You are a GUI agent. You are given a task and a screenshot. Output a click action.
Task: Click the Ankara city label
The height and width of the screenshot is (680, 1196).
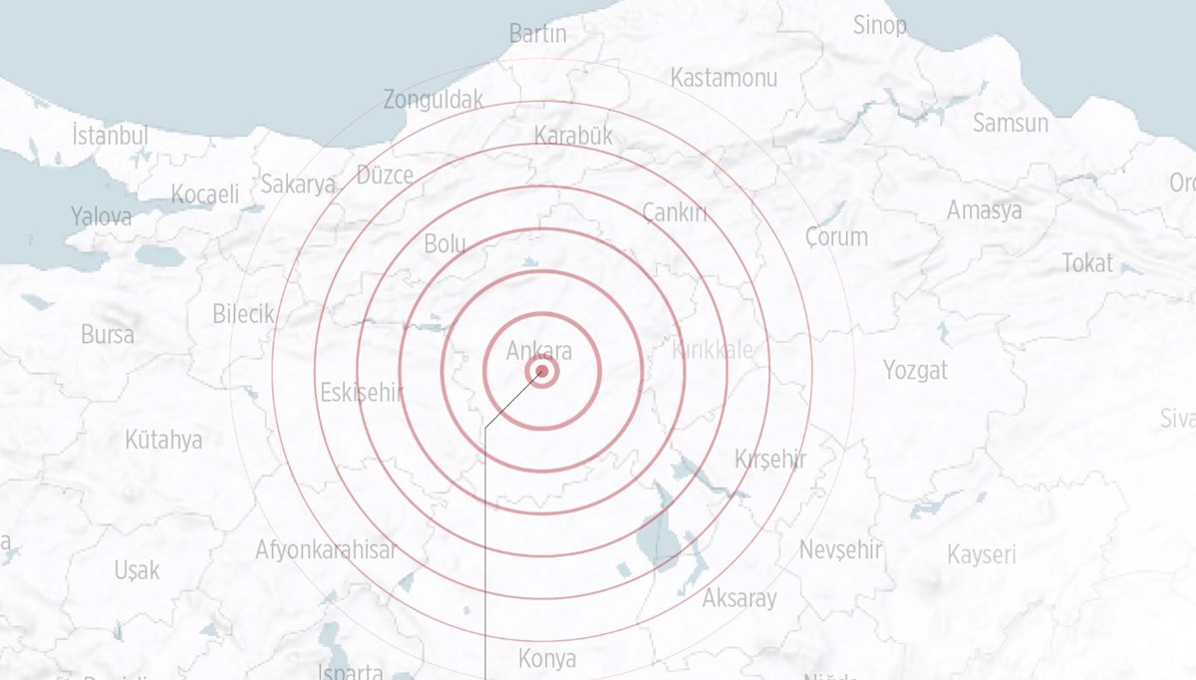point(539,351)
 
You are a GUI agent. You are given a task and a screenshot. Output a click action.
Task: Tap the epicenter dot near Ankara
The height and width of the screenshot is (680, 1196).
point(542,372)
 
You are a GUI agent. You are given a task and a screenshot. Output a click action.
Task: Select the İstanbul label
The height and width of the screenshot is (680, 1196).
point(111,136)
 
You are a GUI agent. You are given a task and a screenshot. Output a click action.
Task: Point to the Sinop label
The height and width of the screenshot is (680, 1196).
point(880,26)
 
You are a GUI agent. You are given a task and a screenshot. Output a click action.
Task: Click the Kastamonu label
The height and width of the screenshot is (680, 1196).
point(725,78)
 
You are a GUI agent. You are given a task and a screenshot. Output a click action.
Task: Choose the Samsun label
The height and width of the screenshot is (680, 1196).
point(1011,124)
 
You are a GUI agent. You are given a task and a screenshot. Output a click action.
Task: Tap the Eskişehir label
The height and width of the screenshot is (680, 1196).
point(362,392)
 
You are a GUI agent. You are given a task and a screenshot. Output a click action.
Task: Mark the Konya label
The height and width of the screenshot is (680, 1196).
point(547,658)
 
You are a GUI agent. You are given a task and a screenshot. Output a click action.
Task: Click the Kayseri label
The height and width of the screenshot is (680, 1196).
point(982,555)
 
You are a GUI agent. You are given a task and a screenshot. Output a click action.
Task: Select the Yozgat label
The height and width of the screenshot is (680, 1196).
point(915,371)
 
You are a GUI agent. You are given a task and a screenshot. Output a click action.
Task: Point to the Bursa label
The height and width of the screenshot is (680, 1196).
point(108,335)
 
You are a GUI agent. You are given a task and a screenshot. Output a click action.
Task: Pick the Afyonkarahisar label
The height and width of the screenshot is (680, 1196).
point(327,549)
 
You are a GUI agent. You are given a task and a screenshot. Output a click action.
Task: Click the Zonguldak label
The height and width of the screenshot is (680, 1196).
point(434,100)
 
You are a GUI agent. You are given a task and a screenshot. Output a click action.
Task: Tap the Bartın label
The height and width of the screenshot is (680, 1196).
point(538,34)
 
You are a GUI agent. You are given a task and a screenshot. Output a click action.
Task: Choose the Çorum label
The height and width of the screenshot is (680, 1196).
point(836,237)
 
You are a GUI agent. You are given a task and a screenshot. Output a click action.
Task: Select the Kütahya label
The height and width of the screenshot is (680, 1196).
point(163,440)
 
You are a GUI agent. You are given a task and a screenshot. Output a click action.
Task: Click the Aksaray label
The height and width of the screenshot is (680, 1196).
point(740,598)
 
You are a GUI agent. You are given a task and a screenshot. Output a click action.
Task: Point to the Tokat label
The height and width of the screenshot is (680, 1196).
point(1087,263)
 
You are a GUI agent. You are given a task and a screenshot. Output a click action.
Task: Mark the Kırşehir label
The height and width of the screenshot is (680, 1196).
point(770,460)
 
